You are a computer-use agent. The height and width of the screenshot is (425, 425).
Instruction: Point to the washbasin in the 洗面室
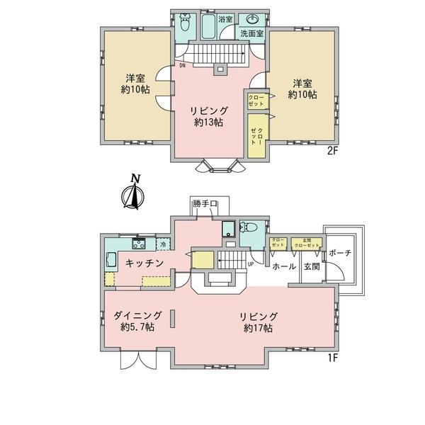[x=253, y=19]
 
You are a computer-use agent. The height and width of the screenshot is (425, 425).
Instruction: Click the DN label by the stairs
[x=182, y=66]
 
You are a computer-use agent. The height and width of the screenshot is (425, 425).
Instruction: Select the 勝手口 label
[x=205, y=205]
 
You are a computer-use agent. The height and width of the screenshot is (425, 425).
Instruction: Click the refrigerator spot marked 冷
[x=162, y=244]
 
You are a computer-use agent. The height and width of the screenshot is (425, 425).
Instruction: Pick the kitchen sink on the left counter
[x=111, y=261]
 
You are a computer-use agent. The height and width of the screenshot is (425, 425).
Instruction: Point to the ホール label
[x=284, y=267]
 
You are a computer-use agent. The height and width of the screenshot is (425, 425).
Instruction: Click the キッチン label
[x=145, y=263]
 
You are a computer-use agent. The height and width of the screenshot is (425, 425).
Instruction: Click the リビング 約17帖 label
[x=258, y=322]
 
